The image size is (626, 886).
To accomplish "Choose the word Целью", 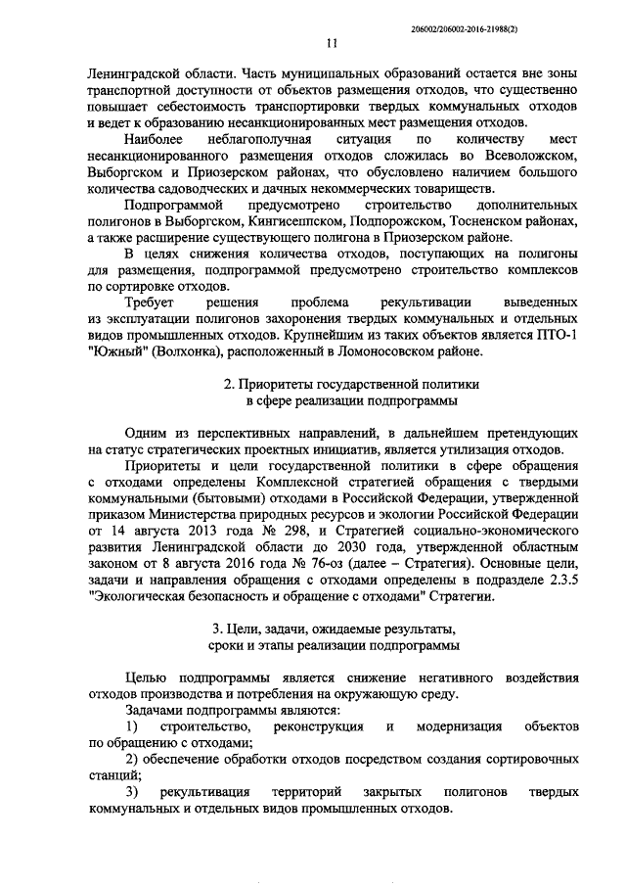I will (x=148, y=678).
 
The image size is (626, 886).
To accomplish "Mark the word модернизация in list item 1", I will (x=460, y=727).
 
